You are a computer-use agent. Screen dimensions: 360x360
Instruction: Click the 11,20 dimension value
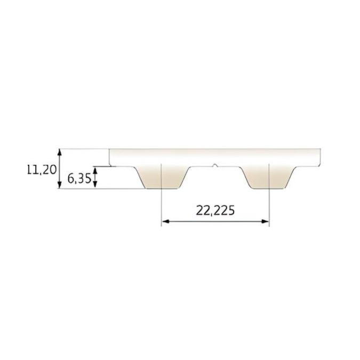point(42,170)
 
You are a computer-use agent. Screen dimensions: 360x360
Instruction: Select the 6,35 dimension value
point(79,179)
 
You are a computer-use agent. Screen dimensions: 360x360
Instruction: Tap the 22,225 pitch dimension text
point(215,210)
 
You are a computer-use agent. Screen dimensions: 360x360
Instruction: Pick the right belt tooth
point(269,178)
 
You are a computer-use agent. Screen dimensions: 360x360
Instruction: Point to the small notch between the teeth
point(215,165)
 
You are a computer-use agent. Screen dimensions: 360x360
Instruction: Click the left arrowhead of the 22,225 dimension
point(165,221)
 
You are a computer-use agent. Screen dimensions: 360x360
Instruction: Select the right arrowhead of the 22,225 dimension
point(265,221)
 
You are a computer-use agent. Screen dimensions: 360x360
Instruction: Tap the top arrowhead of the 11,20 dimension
point(59,153)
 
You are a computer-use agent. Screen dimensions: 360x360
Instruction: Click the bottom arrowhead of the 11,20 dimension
point(59,185)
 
